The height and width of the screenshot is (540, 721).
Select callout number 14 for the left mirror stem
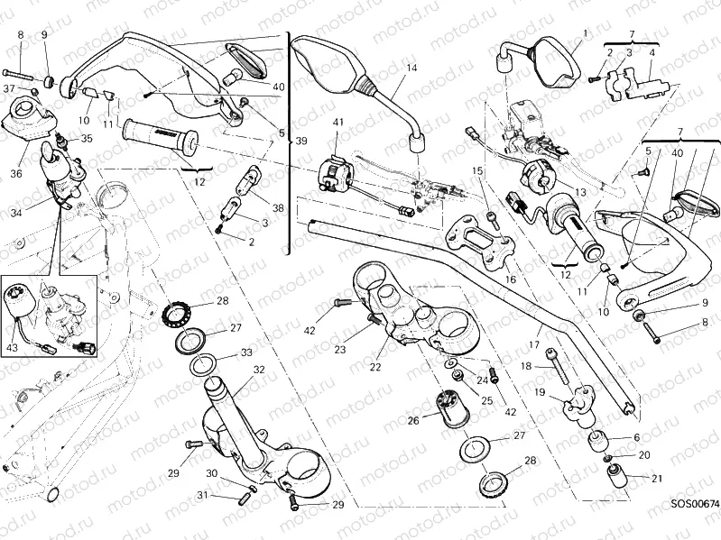[411, 69]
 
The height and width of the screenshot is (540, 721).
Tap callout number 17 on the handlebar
[534, 343]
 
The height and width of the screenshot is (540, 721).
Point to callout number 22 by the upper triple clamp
[375, 367]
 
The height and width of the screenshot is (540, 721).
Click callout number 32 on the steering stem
[258, 369]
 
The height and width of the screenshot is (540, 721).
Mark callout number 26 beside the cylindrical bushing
[413, 419]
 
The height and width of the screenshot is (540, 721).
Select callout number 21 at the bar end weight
[656, 479]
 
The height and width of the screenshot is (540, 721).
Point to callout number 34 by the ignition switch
[16, 214]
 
